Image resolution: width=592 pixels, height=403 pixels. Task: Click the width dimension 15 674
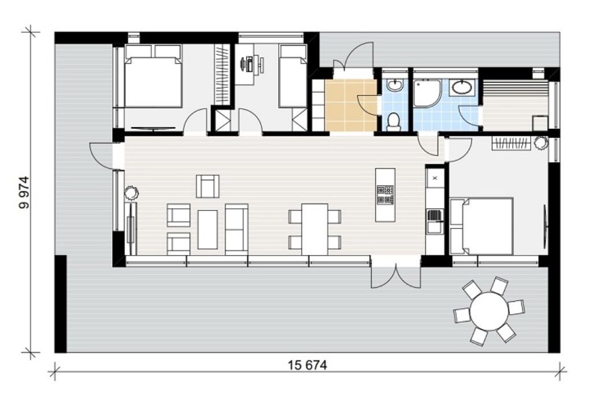click(x=308, y=365)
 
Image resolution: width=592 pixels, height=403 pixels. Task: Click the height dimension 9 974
click(x=24, y=192)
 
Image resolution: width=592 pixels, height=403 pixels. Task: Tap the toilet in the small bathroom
click(x=394, y=121)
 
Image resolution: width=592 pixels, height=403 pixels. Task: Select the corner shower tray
click(x=427, y=93)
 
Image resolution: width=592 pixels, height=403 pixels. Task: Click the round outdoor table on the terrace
click(x=489, y=311)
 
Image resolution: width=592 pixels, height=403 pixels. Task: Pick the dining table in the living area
click(x=314, y=230)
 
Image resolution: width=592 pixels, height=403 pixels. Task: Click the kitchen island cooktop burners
click(x=385, y=194)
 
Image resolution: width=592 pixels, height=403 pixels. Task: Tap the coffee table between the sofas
click(x=208, y=230)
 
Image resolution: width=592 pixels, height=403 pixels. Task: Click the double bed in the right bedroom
click(x=482, y=226)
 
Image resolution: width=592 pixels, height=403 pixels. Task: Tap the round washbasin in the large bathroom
click(x=462, y=88)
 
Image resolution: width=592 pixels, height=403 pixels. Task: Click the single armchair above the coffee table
click(x=208, y=186)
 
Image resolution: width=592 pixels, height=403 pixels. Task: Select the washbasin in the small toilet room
click(x=395, y=85)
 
